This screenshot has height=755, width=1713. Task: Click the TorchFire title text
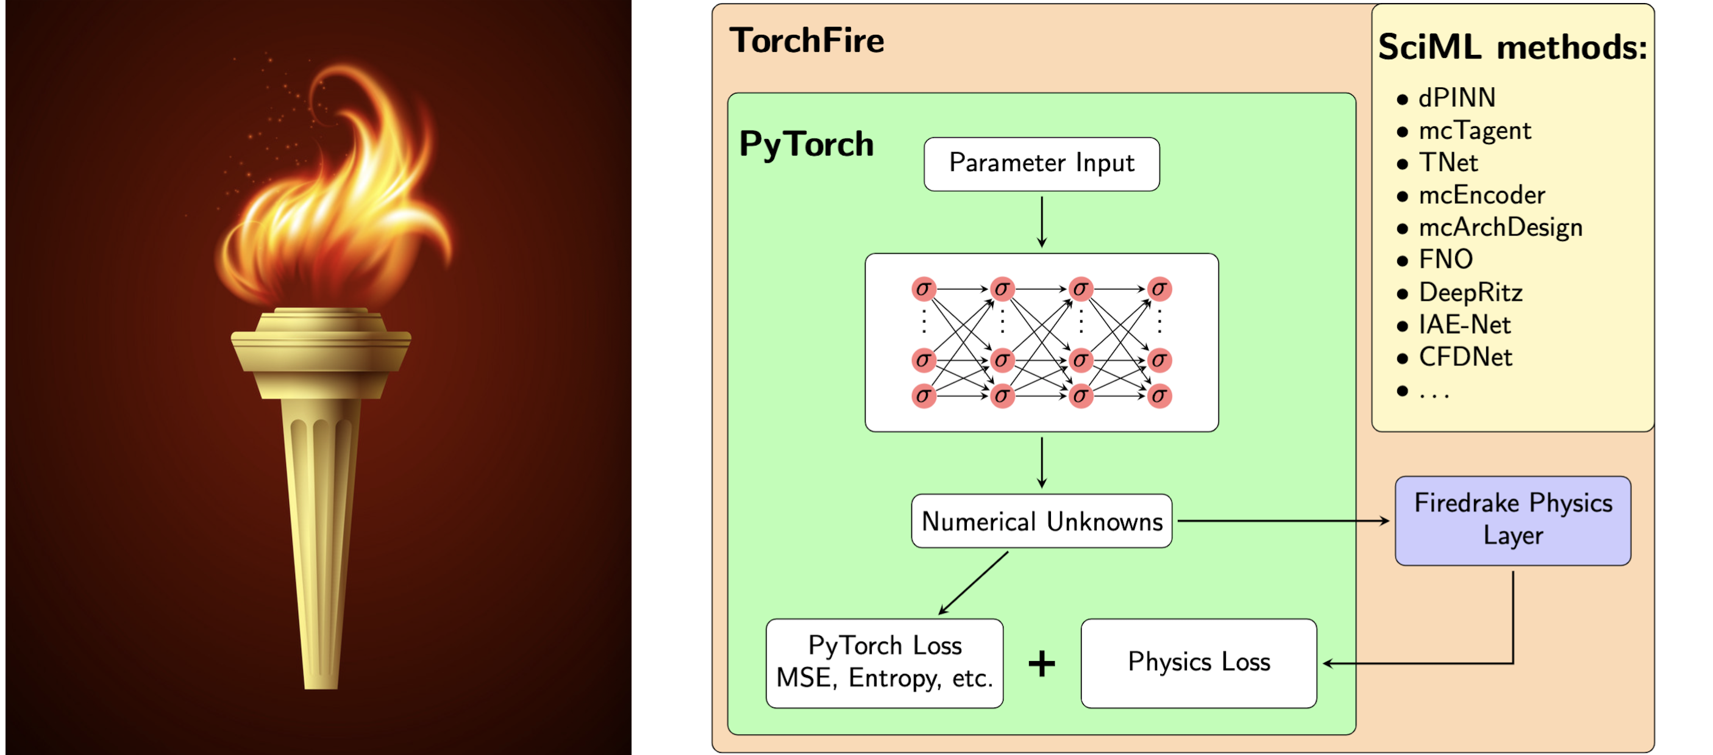coord(807,41)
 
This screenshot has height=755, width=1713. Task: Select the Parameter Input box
coord(1041,163)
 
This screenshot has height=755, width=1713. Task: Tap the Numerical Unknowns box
coord(1041,521)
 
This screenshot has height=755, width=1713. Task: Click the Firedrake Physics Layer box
coord(1513,520)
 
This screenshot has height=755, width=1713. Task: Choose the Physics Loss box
coord(1198,662)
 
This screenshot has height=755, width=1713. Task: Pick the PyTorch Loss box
coord(885,662)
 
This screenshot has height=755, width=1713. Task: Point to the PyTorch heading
coord(806,145)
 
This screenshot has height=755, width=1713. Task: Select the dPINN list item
coord(1456,98)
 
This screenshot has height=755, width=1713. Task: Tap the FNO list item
coord(1445,259)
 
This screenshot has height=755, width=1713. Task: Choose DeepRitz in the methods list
coord(1470,293)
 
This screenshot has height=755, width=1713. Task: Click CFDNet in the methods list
coord(1465,357)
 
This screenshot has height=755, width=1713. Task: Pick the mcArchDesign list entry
coord(1500,227)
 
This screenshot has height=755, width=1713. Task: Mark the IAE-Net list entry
coord(1464,324)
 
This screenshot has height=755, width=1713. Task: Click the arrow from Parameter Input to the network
coord(1041,221)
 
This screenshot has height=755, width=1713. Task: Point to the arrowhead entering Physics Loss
coord(1327,663)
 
